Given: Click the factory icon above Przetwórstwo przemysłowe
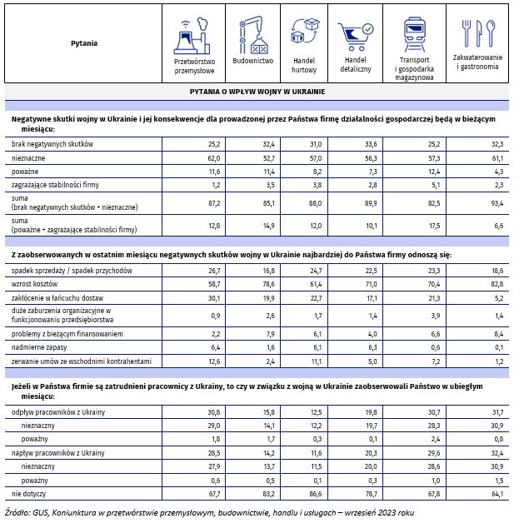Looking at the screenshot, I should click(194, 37).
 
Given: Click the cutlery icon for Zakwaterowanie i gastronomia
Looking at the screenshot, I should click(478, 34).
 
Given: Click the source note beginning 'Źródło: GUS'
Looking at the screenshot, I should click(208, 513).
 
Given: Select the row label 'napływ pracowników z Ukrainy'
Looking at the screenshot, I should click(57, 452).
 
